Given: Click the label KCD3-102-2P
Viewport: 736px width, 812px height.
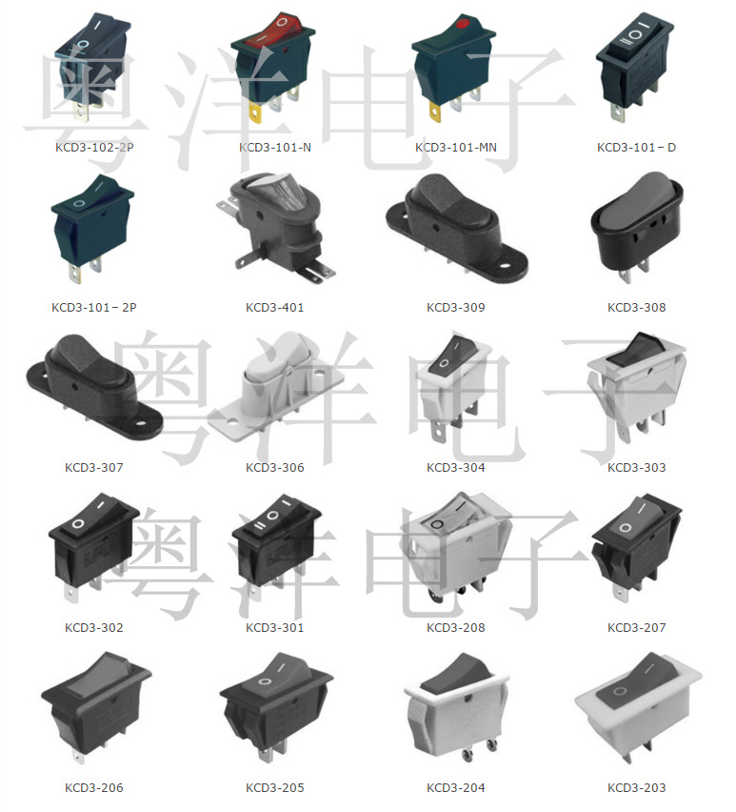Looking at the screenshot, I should click(93, 148).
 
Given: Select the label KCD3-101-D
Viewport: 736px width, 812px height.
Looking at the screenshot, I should click(636, 148).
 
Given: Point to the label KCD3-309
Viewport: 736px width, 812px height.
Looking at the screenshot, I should click(455, 308).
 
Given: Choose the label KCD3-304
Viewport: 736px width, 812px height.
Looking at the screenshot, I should click(455, 468).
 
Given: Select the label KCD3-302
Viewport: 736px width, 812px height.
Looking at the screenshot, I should click(93, 628).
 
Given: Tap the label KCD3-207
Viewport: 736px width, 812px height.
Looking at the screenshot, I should click(636, 628).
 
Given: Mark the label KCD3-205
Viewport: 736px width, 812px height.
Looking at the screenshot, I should click(274, 788).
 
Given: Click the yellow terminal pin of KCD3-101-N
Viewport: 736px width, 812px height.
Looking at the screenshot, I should click(255, 113).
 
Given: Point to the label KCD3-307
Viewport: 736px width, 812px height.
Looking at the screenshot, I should click(93, 468).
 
